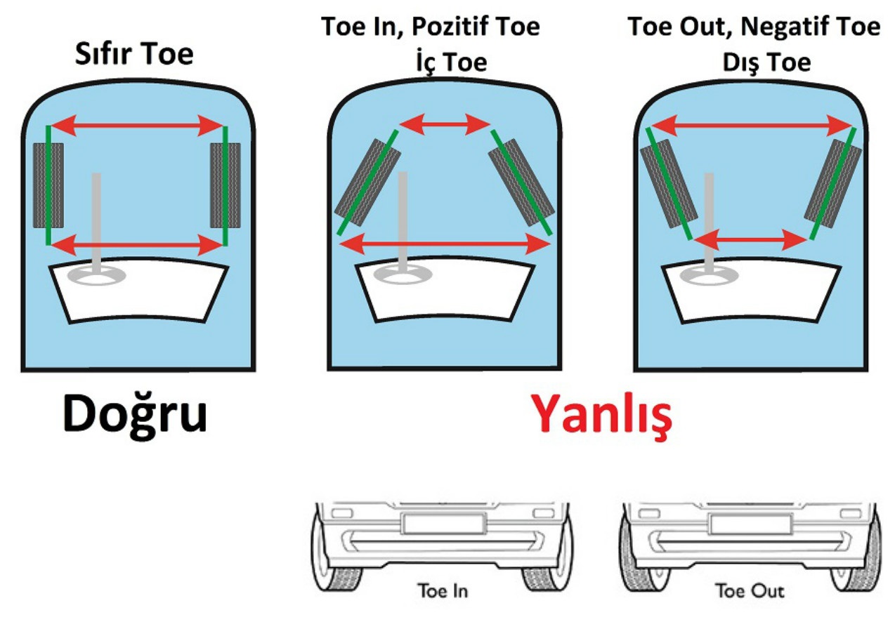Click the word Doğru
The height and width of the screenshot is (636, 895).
click(135, 414)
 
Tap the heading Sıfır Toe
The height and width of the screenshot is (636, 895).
click(134, 53)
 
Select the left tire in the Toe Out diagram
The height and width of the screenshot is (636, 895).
click(667, 183)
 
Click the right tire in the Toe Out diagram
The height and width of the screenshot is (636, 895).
click(833, 183)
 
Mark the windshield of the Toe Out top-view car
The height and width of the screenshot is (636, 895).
click(751, 290)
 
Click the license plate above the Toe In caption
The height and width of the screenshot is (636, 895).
click(443, 524)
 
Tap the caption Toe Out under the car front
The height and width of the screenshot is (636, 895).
click(750, 590)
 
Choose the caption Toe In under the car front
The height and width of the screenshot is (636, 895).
click(443, 590)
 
